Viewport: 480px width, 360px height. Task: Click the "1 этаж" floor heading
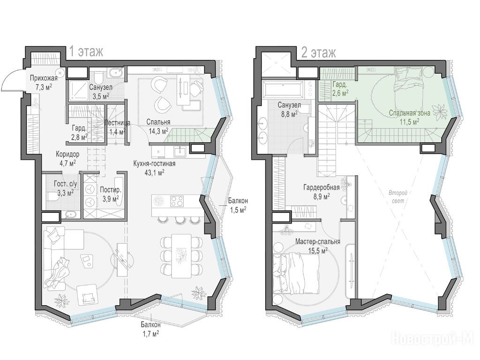pos(86,52)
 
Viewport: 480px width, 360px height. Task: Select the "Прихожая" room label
pos(44,78)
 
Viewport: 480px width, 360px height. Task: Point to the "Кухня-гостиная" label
pos(154,164)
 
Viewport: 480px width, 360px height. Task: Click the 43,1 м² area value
pos(155,172)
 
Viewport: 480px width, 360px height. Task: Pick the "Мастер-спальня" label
pos(318,241)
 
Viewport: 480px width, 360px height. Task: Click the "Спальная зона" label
pos(410,113)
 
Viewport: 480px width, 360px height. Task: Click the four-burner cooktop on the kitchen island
pos(177,201)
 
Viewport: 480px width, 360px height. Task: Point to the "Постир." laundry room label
pos(111,190)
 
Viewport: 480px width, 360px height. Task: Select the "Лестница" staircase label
pos(117,123)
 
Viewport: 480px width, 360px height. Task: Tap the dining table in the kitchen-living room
pos(181,255)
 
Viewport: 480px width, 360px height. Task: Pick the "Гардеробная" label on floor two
pos(322,187)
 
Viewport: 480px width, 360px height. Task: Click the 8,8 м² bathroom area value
pos(289,114)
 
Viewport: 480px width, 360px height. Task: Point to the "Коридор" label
pos(67,154)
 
